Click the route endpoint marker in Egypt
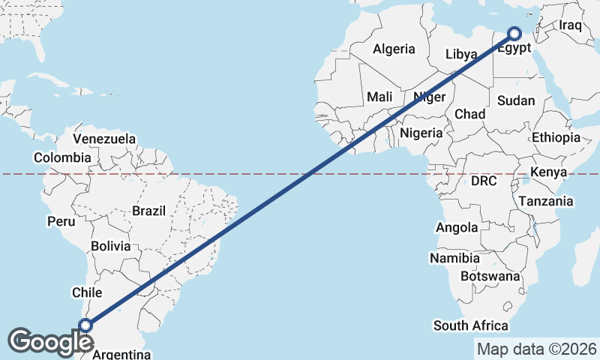[x=514, y=33]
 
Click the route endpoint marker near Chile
[x=85, y=325]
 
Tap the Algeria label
[x=394, y=49]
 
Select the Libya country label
[x=460, y=55]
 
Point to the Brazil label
[x=148, y=211]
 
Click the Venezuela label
[x=104, y=139]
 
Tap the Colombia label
[x=62, y=157]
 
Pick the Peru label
[x=61, y=221]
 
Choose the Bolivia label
[x=110, y=246]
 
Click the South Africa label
[x=471, y=325]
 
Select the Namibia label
[x=454, y=258]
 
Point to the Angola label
[x=457, y=227]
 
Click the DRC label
[x=484, y=181]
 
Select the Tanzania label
[x=545, y=201]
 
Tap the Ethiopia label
[x=556, y=137]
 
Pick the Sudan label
[x=516, y=100]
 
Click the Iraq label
[x=570, y=25]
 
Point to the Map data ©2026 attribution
[x=537, y=349]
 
